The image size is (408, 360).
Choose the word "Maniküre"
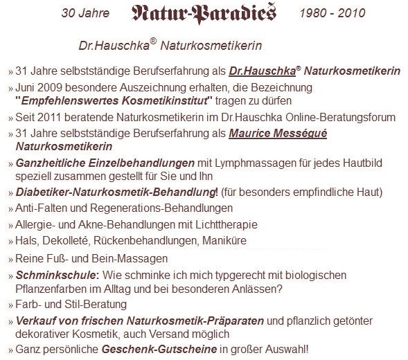pyautogui.click(x=224, y=240)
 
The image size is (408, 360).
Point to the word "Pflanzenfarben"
pyautogui.click(x=50, y=288)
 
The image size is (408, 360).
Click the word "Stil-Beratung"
pyautogui.click(x=98, y=304)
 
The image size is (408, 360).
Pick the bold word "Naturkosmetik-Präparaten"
pyautogui.click(x=200, y=321)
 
